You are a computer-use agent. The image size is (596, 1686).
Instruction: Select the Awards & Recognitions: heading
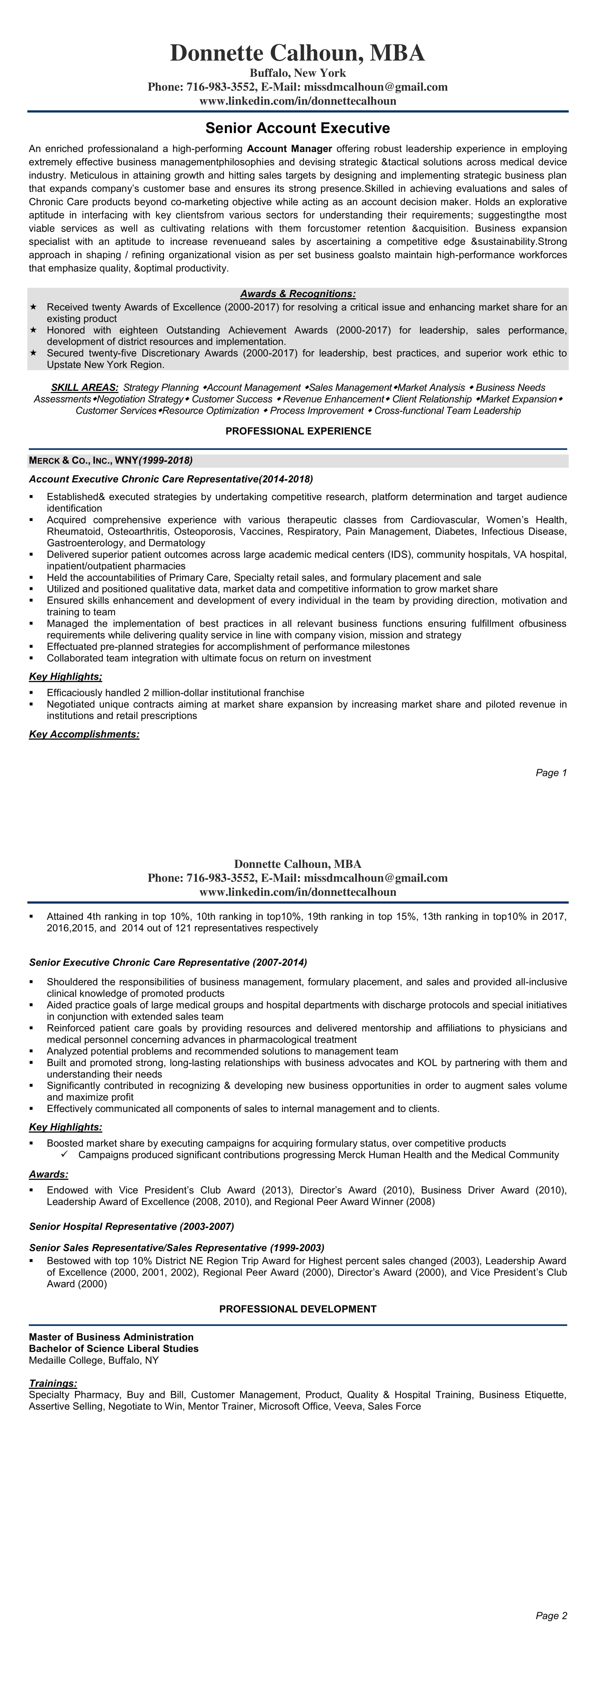[298, 294]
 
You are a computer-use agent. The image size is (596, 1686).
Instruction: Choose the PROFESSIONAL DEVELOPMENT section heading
[298, 1309]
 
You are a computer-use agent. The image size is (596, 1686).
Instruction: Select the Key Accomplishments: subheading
[84, 734]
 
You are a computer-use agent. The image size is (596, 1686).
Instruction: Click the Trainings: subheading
[53, 1383]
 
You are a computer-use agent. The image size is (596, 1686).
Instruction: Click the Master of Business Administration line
[111, 1337]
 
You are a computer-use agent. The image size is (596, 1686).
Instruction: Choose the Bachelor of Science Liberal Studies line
[114, 1348]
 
